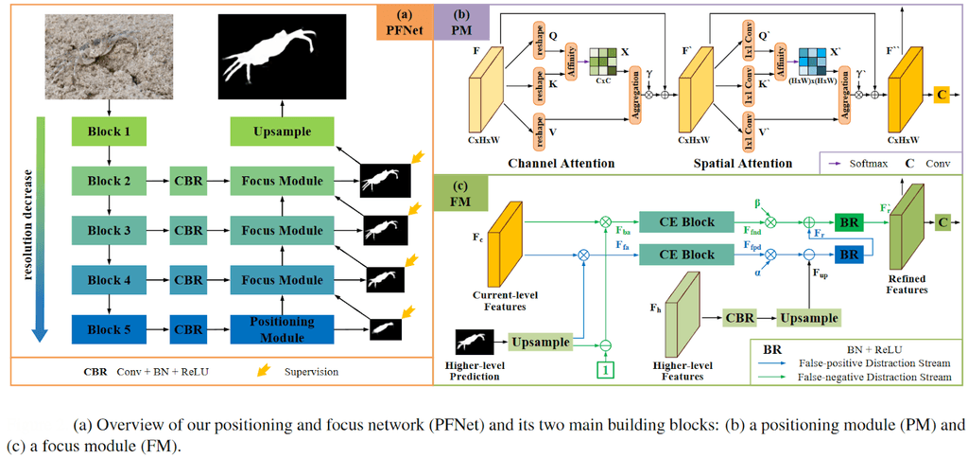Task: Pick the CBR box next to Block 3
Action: tap(188, 230)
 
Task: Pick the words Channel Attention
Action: tap(561, 164)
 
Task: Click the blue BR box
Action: tap(848, 255)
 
